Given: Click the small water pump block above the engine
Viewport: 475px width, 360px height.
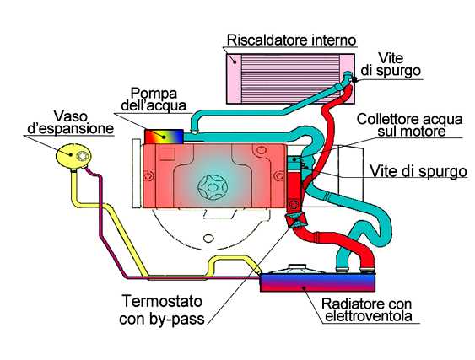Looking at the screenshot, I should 165,135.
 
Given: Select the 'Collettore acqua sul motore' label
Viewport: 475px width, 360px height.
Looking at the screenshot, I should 410,125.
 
